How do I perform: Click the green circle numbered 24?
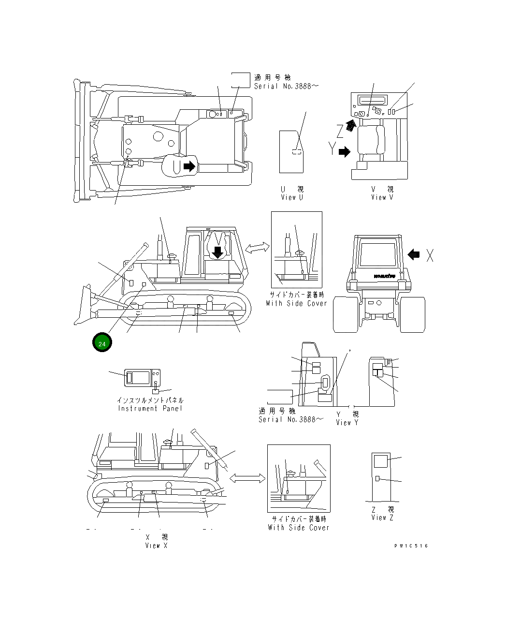pyautogui.click(x=102, y=343)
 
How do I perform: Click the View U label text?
pyautogui.click(x=292, y=193)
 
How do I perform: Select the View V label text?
pyautogui.click(x=382, y=193)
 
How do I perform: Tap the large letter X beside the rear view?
pyautogui.click(x=430, y=255)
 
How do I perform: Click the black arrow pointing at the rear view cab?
pyautogui.click(x=414, y=254)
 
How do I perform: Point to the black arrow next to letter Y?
pyautogui.click(x=344, y=152)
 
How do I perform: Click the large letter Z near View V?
pyautogui.click(x=341, y=131)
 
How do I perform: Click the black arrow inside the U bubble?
pyautogui.click(x=189, y=166)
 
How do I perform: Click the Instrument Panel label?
pyautogui.click(x=150, y=404)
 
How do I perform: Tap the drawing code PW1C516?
pyautogui.click(x=411, y=546)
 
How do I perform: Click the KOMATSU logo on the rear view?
pyautogui.click(x=384, y=277)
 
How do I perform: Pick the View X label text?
pyautogui.click(x=157, y=541)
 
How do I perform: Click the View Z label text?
pyautogui.click(x=382, y=514)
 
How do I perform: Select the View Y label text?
pyautogui.click(x=347, y=418)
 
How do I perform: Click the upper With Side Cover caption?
pyautogui.click(x=296, y=299)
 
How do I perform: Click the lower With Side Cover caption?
pyautogui.click(x=298, y=523)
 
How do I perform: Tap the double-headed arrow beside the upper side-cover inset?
pyautogui.click(x=258, y=248)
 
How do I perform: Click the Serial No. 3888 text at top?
pyautogui.click(x=287, y=86)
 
